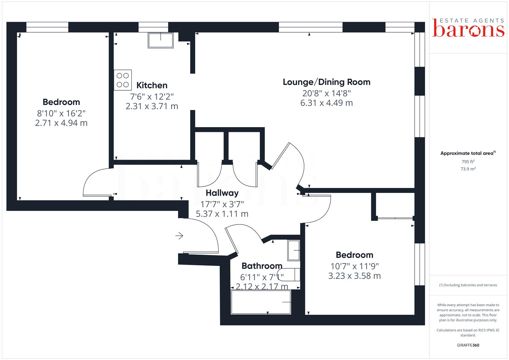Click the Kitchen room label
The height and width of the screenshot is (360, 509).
coord(152,85)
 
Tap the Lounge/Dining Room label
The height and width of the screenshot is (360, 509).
coord(326,82)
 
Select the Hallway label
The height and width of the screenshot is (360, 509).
coord(222,193)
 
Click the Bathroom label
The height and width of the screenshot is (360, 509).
coord(262,266)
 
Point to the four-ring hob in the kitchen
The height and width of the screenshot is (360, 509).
coord(123,80)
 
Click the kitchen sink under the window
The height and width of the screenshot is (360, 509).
coord(161,40)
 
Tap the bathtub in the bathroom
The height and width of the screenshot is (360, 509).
coord(261,302)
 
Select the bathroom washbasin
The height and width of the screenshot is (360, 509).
coord(294,250)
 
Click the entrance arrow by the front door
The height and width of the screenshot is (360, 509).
coord(179,236)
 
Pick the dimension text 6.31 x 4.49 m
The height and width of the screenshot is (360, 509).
coord(326,103)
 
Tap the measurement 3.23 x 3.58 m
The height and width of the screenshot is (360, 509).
coord(354,276)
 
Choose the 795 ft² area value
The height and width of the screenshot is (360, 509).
coord(468,162)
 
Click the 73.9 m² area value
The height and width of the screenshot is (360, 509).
coord(468,169)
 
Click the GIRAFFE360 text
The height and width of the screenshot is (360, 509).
coord(468,345)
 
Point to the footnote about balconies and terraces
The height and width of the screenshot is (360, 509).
coord(468,285)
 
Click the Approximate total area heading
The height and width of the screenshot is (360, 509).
coord(467,153)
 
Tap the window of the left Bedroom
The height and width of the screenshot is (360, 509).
coord(47,27)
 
